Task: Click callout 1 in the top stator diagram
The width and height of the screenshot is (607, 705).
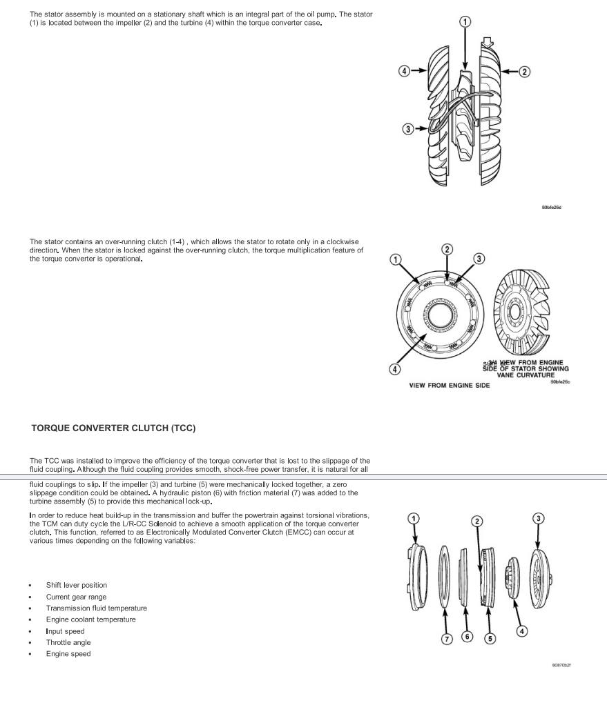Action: click(465, 22)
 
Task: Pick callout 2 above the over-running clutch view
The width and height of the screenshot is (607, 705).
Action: click(447, 249)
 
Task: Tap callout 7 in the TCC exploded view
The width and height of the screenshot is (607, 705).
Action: click(447, 638)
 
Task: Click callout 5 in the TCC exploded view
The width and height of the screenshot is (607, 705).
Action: click(490, 638)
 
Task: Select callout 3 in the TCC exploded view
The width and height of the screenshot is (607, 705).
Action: click(537, 518)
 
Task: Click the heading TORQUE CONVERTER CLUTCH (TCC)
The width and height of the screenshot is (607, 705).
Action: click(114, 428)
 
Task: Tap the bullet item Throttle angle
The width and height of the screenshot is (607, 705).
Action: click(68, 642)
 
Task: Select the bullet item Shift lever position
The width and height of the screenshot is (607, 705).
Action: click(77, 585)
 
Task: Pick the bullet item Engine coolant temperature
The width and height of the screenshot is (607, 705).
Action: click(91, 619)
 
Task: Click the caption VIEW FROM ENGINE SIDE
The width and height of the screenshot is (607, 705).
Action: click(450, 385)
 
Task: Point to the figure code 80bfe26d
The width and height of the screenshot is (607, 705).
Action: click(560, 206)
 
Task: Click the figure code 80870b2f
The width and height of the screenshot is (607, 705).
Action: click(561, 665)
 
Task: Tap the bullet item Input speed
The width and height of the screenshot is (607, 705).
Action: click(66, 631)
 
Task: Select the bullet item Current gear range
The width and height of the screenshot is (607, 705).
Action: click(77, 597)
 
